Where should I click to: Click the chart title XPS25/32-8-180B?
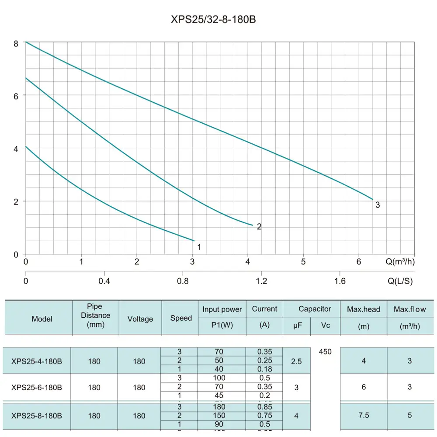[218, 20]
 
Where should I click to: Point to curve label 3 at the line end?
[378, 205]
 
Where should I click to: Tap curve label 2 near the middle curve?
[259, 227]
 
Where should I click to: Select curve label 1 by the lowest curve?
[199, 247]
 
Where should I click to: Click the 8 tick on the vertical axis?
[16, 43]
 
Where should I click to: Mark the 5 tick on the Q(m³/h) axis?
[303, 262]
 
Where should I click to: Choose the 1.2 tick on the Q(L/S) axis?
[261, 281]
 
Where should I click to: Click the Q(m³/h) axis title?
[400, 262]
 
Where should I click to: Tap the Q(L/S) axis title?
[400, 281]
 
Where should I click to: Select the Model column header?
[42, 319]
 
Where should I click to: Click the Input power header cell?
[222, 309]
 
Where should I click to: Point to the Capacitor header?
[315, 309]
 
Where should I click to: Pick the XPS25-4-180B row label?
[37, 361]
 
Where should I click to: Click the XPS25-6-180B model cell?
[37, 387]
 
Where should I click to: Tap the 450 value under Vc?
[325, 352]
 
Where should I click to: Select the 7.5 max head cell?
[364, 416]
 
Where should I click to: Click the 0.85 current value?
[264, 407]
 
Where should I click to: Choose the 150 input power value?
[219, 416]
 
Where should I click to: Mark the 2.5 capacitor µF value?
[296, 361]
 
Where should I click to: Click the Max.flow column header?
[409, 309]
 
